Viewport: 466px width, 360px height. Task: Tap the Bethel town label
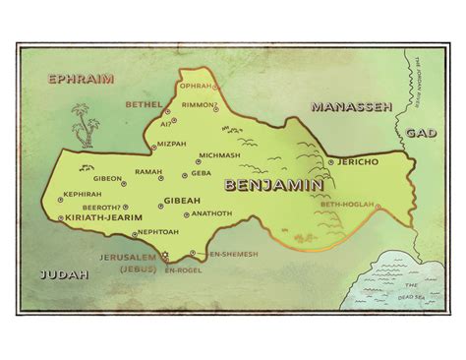(x=145, y=102)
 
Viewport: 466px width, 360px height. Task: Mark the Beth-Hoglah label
(x=347, y=205)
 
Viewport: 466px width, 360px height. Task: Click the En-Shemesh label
(x=234, y=254)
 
